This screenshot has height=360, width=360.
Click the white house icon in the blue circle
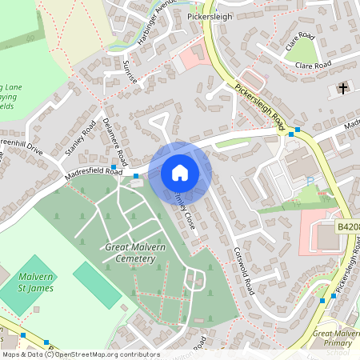coord(180,173)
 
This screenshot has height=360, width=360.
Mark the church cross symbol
coord(343,87)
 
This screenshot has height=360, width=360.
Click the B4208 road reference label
coord(347,228)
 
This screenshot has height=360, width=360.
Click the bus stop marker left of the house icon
coord(137,176)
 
